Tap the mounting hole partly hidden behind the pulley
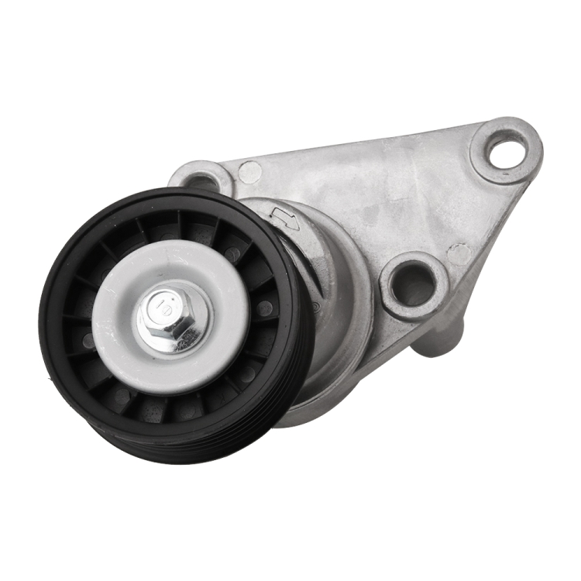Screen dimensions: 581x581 coord(200,181)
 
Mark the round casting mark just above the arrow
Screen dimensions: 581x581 coord(249,171)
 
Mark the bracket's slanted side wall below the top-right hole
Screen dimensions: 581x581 coord(496,232)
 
